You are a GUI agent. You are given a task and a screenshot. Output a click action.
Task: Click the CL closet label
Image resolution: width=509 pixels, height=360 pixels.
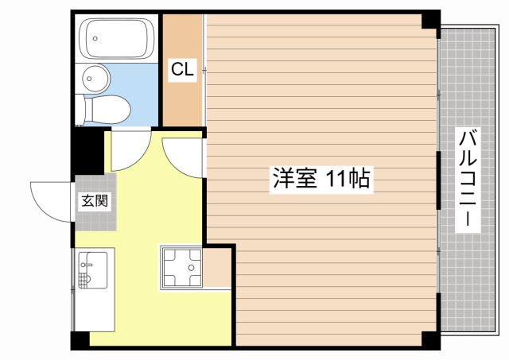[x=182, y=69]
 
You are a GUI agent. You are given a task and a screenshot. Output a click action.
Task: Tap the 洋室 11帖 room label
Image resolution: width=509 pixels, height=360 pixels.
[x=321, y=179]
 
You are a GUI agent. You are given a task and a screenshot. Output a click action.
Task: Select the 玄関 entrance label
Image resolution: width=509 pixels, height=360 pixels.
[x=94, y=200]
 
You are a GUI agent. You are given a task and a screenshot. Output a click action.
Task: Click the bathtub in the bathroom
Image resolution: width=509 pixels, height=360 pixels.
[x=117, y=38]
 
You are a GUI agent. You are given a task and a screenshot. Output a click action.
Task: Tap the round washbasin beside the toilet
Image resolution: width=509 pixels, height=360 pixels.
[x=95, y=78]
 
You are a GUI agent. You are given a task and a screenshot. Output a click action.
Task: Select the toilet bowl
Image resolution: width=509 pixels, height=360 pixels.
[x=103, y=110]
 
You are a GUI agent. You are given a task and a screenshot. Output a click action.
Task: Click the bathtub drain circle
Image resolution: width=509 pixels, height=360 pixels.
[x=95, y=39]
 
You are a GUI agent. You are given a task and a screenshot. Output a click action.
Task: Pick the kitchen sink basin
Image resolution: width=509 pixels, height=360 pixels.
[x=93, y=270]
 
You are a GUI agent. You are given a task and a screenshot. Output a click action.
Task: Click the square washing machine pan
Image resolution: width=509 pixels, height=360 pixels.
[x=181, y=267]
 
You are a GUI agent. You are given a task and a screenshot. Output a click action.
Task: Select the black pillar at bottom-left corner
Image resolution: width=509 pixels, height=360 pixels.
[x=80, y=341]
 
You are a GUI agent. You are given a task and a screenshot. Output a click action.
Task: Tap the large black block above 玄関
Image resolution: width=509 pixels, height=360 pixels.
[x=87, y=151]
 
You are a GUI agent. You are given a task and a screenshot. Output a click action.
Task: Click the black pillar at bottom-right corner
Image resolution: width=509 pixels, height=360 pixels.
[x=431, y=341]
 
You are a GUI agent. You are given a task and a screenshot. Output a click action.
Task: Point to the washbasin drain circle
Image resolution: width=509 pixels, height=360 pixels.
[x=89, y=79]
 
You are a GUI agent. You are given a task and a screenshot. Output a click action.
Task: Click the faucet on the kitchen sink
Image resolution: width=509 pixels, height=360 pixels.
[x=85, y=265]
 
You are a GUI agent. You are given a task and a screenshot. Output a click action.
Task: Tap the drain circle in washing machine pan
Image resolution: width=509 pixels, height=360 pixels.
[x=191, y=268]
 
